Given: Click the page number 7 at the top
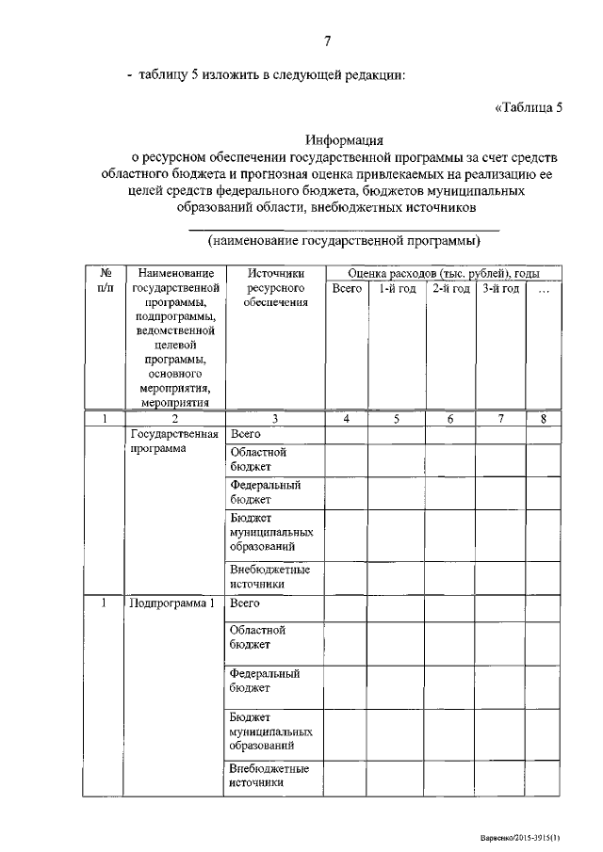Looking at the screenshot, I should (x=327, y=40).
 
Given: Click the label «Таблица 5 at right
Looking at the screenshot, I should (x=529, y=106).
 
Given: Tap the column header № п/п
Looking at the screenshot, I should (x=106, y=281).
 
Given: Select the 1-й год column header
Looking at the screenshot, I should (x=397, y=289).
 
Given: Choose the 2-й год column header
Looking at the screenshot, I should (x=450, y=289).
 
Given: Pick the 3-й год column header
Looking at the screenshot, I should (x=500, y=289).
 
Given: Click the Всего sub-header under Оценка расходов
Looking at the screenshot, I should (x=347, y=289).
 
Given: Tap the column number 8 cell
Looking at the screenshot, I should (x=544, y=418).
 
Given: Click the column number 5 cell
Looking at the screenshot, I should (x=397, y=418).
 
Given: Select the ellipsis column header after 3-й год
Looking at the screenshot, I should (x=544, y=289).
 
